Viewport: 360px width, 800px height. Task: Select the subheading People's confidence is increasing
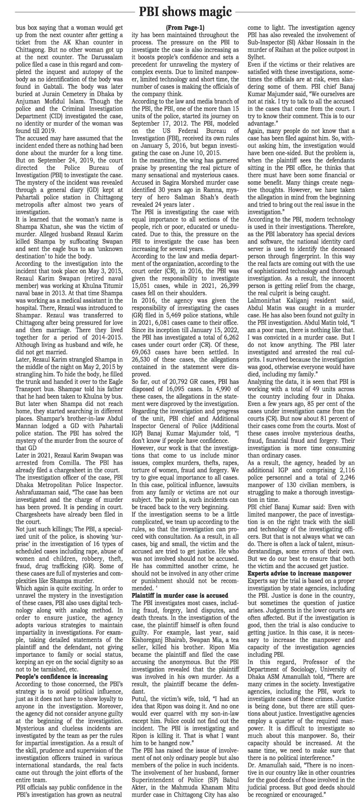pyautogui.click(x=62, y=676)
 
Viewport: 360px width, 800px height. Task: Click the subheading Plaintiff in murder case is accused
pyautogui.click(x=180, y=595)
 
